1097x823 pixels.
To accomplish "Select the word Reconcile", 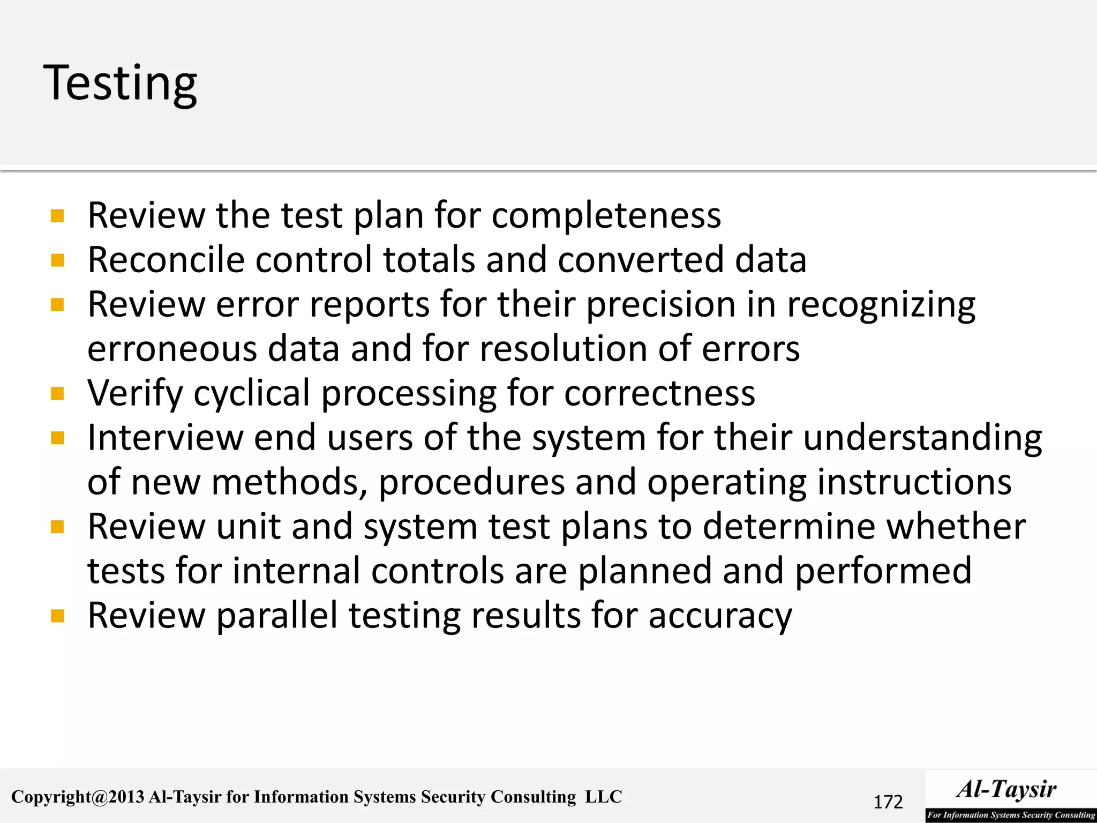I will pyautogui.click(x=166, y=260).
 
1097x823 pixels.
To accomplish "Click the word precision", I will pyautogui.click(x=661, y=304).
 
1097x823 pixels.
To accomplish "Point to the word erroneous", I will pyautogui.click(x=172, y=349).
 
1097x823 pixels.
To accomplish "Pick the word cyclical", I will pyautogui.click(x=252, y=393).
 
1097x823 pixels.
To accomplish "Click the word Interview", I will pyautogui.click(x=165, y=438).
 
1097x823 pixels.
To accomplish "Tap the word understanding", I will pyautogui.click(x=922, y=438).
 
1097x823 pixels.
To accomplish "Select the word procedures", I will pyautogui.click(x=471, y=482).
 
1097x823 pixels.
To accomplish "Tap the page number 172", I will pyautogui.click(x=888, y=802).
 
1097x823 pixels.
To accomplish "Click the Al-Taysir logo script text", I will pyautogui.click(x=1006, y=789).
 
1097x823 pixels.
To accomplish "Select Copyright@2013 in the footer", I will pyautogui.click(x=78, y=797).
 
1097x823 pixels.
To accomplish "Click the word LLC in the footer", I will pyautogui.click(x=603, y=797).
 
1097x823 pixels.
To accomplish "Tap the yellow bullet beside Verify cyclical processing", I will pyautogui.click(x=57, y=394).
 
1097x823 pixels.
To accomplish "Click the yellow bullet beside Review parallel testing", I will pyautogui.click(x=57, y=616).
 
